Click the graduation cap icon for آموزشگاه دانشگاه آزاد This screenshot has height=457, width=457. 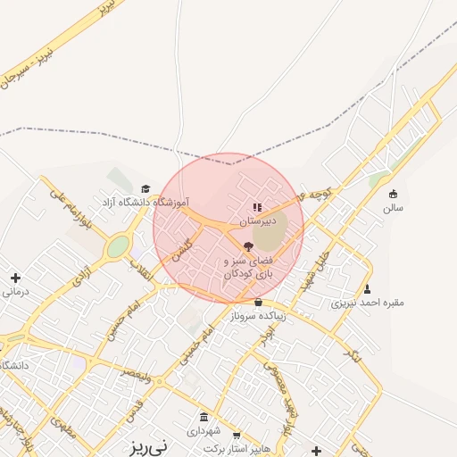[145, 189]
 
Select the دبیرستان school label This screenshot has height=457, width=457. [257, 220]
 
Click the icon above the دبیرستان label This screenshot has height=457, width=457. [257, 208]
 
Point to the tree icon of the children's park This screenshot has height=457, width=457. [248, 245]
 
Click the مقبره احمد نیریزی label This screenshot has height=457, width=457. [367, 303]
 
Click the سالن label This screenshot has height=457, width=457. [393, 207]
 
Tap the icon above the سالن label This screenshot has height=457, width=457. [393, 195]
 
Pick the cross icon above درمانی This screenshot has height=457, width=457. [15, 278]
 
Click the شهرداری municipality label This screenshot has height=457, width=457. [204, 429]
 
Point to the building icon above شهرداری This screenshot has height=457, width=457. [204, 417]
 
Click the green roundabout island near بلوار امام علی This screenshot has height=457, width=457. [118, 246]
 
